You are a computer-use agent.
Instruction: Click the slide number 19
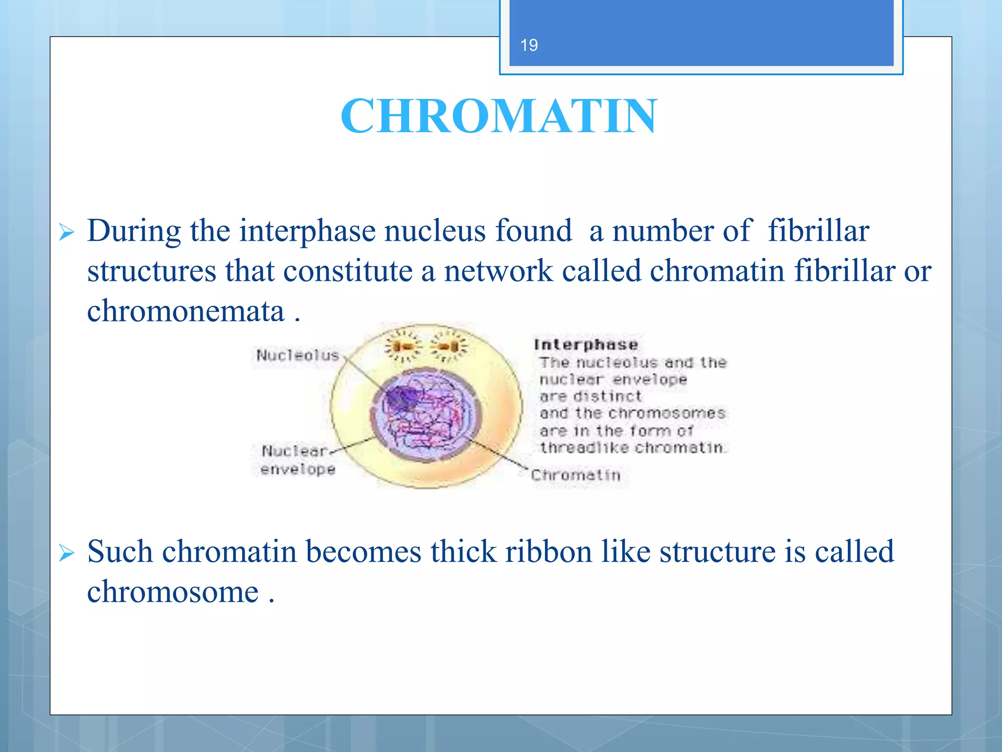[529, 46]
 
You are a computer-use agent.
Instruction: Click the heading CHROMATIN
[499, 116]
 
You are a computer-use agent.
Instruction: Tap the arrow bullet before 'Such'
[67, 553]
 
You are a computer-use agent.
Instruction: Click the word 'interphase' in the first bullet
[308, 231]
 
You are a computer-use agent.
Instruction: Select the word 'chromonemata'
[185, 311]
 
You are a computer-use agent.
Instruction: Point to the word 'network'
[498, 271]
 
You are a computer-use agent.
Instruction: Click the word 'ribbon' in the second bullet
[548, 552]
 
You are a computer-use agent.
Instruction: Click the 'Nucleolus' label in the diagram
[297, 355]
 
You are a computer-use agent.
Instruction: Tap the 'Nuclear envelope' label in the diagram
[297, 460]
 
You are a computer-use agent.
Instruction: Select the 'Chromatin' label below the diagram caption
[575, 475]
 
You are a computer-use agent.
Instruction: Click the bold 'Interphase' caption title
[586, 345]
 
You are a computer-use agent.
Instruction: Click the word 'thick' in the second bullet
[463, 552]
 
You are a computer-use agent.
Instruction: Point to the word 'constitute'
[348, 271]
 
